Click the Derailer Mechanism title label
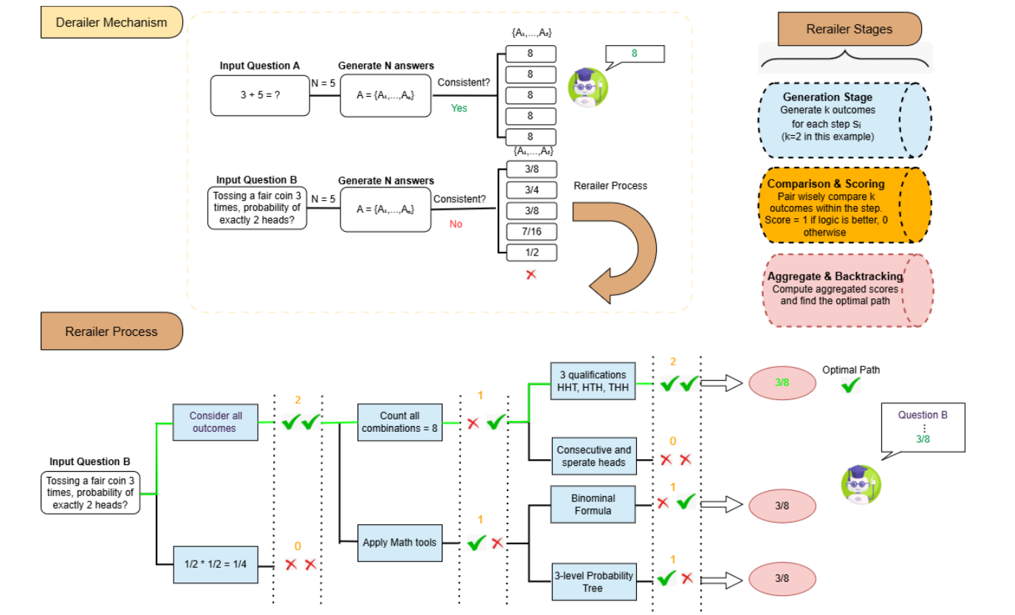tap(112, 22)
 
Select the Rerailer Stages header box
tap(849, 30)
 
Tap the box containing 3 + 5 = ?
tap(260, 95)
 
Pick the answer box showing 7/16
tap(530, 232)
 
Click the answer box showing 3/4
tap(530, 190)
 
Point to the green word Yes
tap(459, 108)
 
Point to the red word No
tap(456, 224)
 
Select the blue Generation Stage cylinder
tap(842, 120)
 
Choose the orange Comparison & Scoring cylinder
tap(842, 205)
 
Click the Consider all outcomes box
tap(215, 422)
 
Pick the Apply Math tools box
tap(400, 543)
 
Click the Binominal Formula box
tap(593, 504)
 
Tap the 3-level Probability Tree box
tap(593, 581)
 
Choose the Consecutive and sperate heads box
tap(593, 456)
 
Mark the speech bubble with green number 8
tap(635, 55)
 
